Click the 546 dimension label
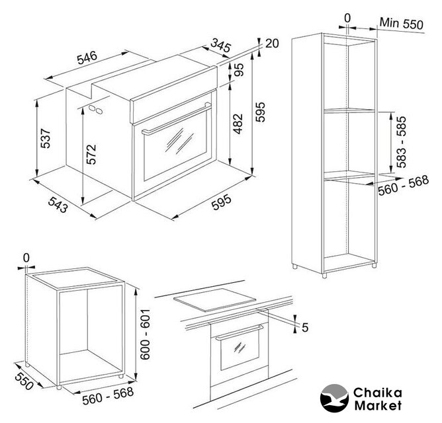pos(87,58)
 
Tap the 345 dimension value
pos(221,46)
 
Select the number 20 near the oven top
pos(272,44)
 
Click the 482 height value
pos(238,124)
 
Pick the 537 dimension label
pos(46,138)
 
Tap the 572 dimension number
pos(91,155)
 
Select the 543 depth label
pos(58,205)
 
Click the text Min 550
pos(402,23)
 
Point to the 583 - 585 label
pos(401,142)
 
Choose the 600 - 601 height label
pos(145,334)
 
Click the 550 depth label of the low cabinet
pos(24,381)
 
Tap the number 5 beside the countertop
pos(305,328)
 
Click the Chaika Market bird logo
pos(334,399)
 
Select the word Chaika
pos(377,393)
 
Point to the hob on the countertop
pos(214,300)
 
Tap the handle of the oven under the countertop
pos(240,332)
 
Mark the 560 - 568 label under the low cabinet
pos(108,396)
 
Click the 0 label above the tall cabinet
pos(347,19)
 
